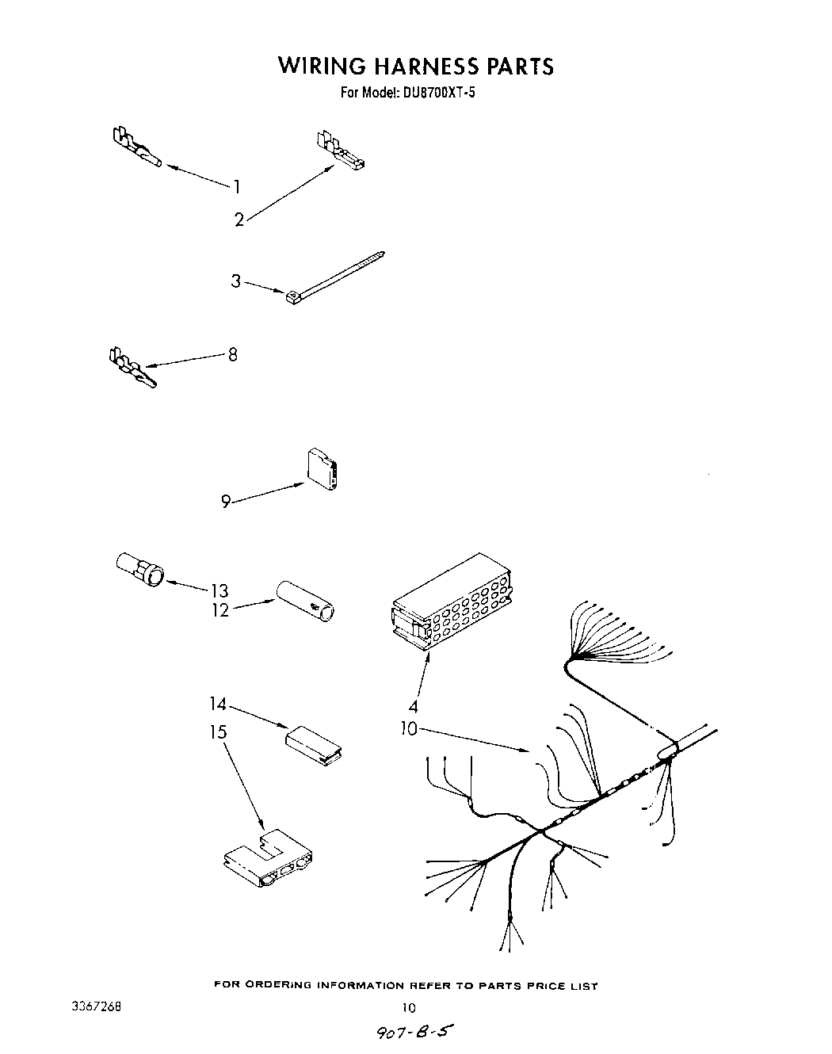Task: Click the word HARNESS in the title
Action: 414,66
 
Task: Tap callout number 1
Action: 236,187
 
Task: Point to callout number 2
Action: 239,220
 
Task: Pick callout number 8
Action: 232,354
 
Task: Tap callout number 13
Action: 219,590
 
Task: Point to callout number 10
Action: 408,728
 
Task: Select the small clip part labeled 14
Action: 312,745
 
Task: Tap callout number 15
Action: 218,731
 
